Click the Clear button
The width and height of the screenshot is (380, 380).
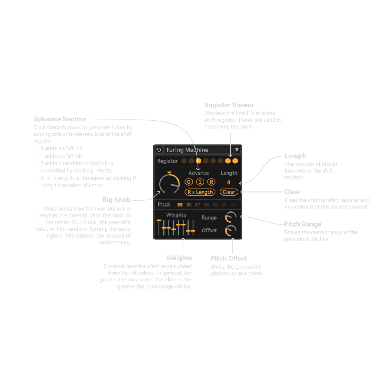point(229,192)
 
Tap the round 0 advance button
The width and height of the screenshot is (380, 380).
point(189,182)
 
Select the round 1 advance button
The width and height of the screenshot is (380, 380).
point(200,182)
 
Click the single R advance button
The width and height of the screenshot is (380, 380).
point(211,182)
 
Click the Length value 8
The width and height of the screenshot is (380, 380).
point(229,182)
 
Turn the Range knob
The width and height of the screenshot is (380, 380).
point(231,217)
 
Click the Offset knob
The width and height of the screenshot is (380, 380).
point(231,231)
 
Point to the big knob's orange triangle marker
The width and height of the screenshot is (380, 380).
point(169,172)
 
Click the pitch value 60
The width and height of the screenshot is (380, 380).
point(189,205)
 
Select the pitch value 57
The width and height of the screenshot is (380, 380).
point(198,205)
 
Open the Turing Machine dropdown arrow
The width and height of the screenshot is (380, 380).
point(237,150)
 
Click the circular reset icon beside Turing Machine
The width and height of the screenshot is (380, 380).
point(159,150)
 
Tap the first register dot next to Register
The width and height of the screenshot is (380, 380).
point(184,161)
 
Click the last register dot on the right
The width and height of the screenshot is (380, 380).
point(235,161)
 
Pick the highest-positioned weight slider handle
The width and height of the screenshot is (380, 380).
point(159,220)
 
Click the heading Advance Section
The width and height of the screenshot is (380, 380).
point(60,119)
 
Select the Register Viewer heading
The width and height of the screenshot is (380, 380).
point(229,105)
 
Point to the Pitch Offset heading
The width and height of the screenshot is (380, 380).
point(229,258)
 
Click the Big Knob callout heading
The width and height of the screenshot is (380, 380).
point(116,200)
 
